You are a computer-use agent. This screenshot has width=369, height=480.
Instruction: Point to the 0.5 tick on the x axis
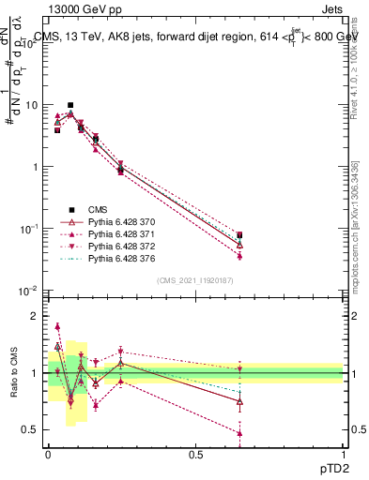[x=195, y=454]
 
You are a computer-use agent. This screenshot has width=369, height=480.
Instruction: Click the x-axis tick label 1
[x=343, y=454]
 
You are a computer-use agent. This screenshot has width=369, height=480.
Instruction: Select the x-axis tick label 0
[x=48, y=454]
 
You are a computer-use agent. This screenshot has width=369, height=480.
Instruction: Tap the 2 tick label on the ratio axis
[x=37, y=316]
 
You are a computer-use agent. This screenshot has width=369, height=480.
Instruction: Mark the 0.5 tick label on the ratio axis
[x=32, y=430]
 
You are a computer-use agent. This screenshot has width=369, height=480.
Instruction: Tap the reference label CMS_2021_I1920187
[x=194, y=280]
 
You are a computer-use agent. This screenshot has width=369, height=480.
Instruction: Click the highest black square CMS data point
[x=70, y=105]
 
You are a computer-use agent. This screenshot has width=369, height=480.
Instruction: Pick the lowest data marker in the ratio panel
[x=239, y=434]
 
